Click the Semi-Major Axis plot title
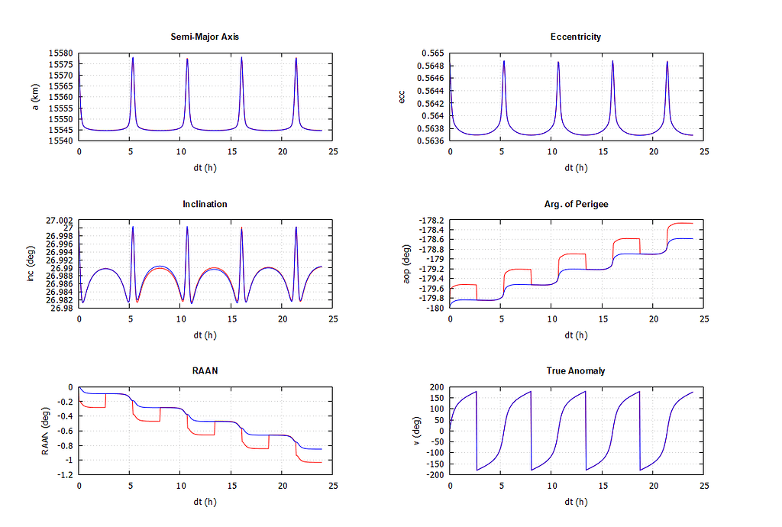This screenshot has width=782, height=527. point(205,37)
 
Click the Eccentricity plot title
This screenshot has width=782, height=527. point(575,37)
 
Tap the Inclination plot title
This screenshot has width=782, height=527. point(205,204)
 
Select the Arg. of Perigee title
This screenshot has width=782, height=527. point(575,204)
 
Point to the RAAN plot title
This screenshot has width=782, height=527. point(205,371)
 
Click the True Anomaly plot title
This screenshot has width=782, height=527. point(575,371)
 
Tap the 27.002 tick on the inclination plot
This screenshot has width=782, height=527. point(59,221)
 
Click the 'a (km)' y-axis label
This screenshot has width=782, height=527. point(35,97)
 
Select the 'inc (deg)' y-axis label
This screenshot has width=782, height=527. point(31,264)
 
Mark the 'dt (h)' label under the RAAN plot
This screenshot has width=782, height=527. point(205,502)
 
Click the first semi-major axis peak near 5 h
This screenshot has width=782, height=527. point(133,58)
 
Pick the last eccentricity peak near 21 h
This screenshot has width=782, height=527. point(667,62)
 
